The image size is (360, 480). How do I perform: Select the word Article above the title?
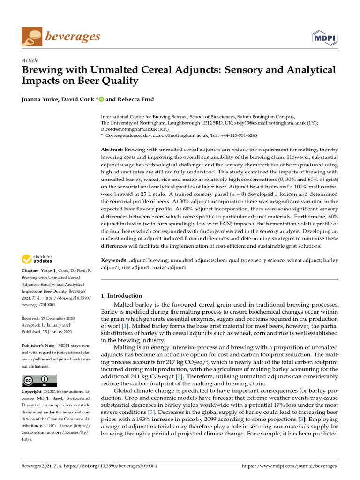30,60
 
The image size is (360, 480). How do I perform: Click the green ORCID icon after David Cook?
101,99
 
